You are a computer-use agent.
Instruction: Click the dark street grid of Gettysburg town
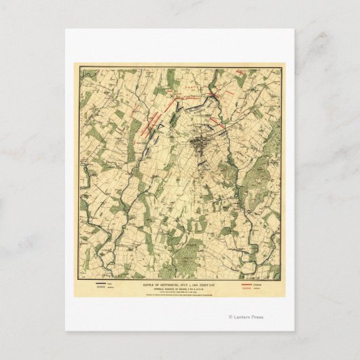tap(200, 145)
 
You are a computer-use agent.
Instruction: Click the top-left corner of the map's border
tap(75, 65)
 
